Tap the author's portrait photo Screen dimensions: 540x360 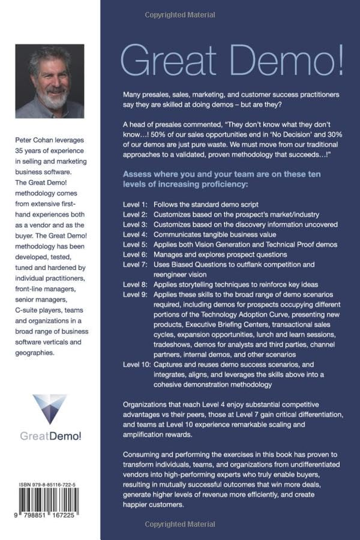(x=49, y=81)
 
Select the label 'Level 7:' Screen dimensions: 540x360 (x=135, y=264)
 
